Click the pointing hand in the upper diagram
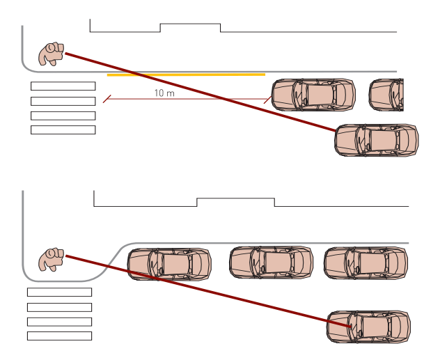pyautogui.click(x=51, y=54)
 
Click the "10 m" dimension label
pyautogui.click(x=164, y=93)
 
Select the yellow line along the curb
pyautogui.click(x=186, y=74)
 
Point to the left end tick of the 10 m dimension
pyautogui.click(x=107, y=100)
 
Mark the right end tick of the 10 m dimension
pyautogui.click(x=267, y=100)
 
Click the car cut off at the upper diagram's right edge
pyautogui.click(x=386, y=95)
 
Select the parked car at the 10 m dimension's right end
pyautogui.click(x=313, y=95)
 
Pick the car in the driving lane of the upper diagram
pyautogui.click(x=377, y=140)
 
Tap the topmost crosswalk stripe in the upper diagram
pyautogui.click(x=63, y=86)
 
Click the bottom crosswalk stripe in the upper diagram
pyautogui.click(x=63, y=130)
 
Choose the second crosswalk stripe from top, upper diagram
pyautogui.click(x=63, y=101)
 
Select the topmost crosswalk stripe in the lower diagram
pyautogui.click(x=59, y=292)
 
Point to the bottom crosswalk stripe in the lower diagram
pyautogui.click(x=59, y=336)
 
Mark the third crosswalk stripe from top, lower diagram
pyautogui.click(x=59, y=322)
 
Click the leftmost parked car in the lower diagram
pyautogui.click(x=169, y=263)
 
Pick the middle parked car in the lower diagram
pyautogui.click(x=272, y=262)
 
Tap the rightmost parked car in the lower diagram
pyautogui.click(x=366, y=262)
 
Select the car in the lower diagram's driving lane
pyautogui.click(x=368, y=326)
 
